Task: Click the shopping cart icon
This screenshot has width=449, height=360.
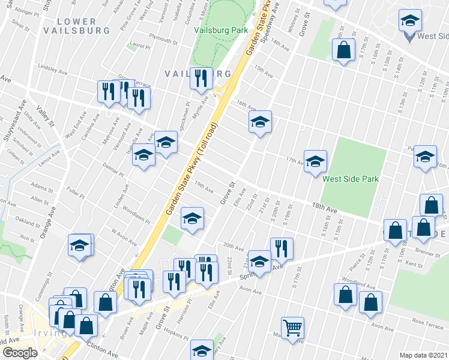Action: pos(293,328)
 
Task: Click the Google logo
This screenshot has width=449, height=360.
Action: pos(20,353)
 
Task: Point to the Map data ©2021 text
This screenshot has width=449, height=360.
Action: pos(424,355)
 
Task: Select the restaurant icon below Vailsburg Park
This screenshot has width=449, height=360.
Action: pos(200,79)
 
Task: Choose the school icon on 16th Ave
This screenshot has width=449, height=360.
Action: pos(261,122)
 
